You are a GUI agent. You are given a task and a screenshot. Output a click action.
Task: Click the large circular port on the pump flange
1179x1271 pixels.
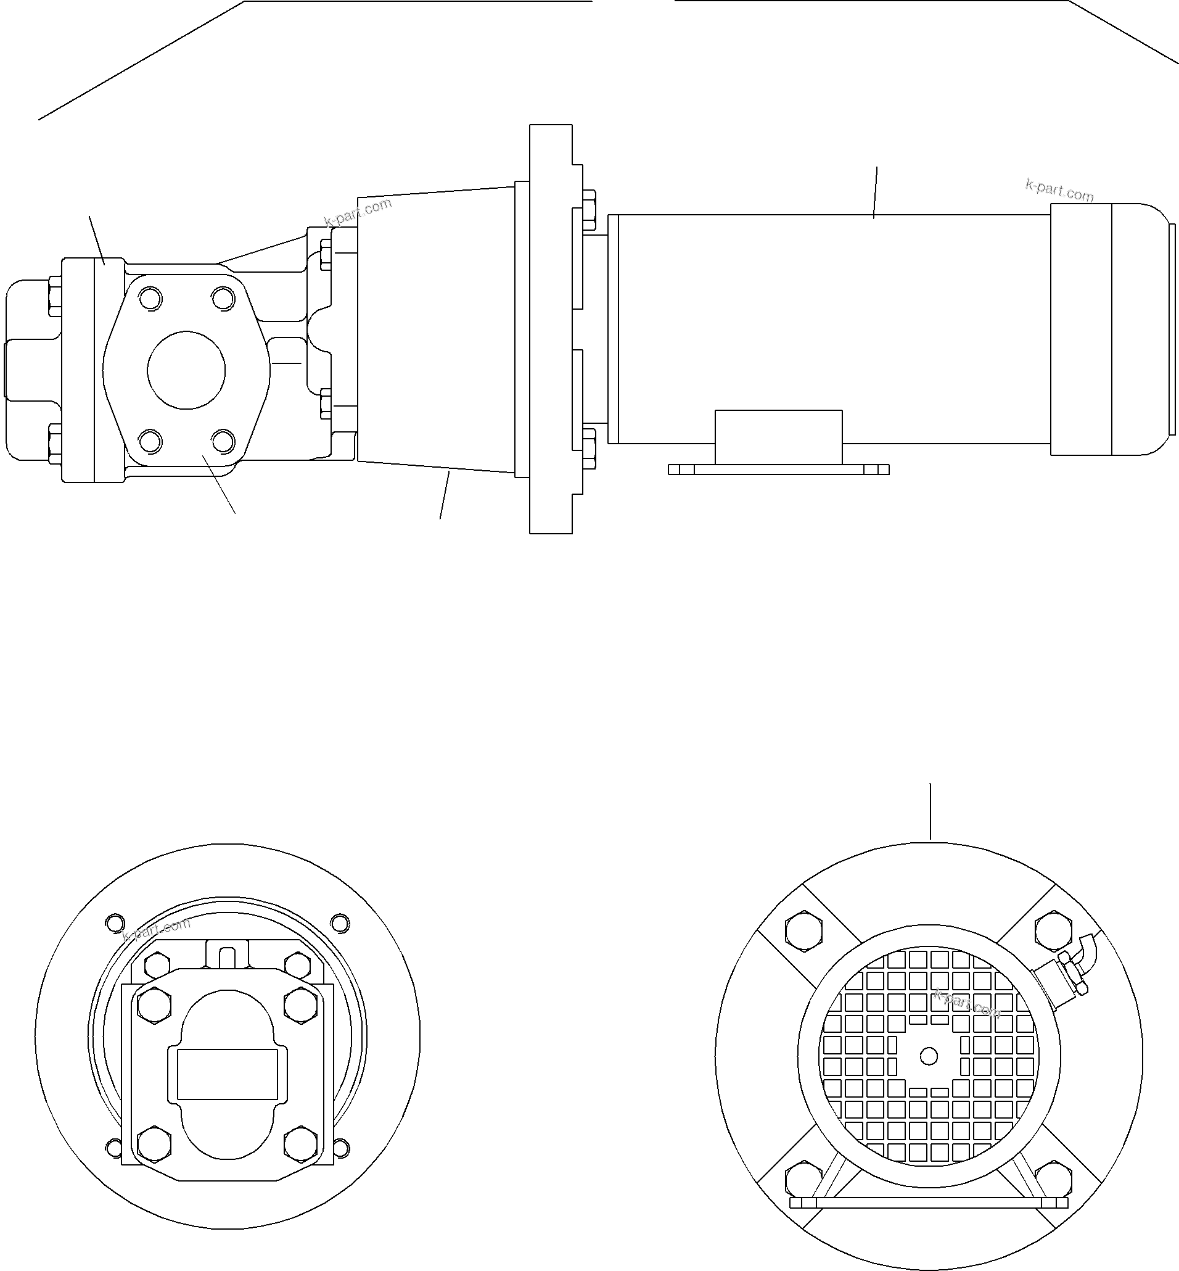click(x=186, y=370)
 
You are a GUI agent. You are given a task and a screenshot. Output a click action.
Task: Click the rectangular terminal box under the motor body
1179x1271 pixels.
click(x=778, y=437)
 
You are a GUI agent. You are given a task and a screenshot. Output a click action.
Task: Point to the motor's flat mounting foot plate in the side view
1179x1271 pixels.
click(x=778, y=469)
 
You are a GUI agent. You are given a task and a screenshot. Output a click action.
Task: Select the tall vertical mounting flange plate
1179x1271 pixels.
click(x=550, y=329)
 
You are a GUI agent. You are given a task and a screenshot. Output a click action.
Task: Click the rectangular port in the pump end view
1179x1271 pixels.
click(x=227, y=1074)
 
